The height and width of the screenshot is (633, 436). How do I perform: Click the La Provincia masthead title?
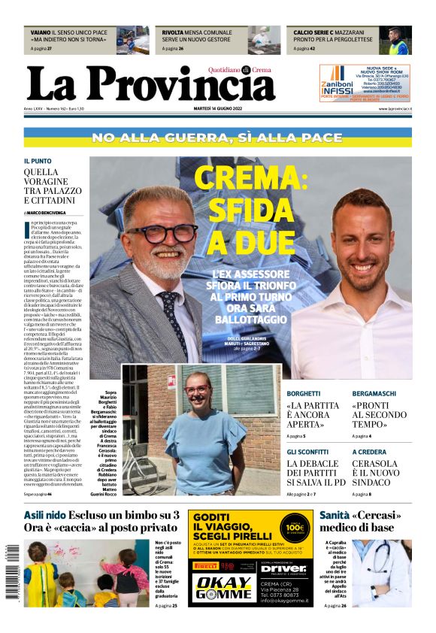point(150,84)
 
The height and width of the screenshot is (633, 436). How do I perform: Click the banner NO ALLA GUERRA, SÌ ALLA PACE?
point(217,138)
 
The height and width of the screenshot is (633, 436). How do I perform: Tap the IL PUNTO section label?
point(38,161)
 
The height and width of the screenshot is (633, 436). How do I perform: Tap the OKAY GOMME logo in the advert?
point(221,586)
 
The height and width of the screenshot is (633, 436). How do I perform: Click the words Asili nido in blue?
point(44,515)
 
